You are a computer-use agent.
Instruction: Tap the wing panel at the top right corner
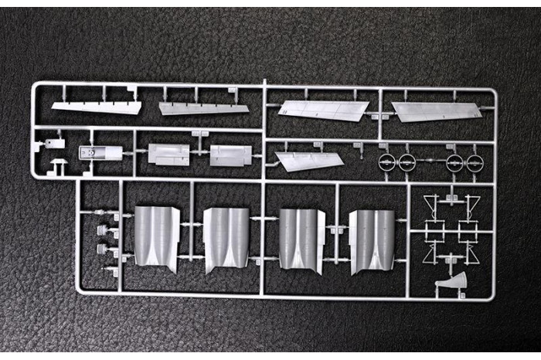pos(436,111)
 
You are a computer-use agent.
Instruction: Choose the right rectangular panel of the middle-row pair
pos(230,155)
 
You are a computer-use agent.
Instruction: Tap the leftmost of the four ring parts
pos(388,162)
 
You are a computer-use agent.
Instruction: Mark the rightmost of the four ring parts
pos(474,163)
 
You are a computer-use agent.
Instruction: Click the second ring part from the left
pos(407,162)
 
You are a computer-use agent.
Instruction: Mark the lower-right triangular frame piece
pos(471,253)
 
